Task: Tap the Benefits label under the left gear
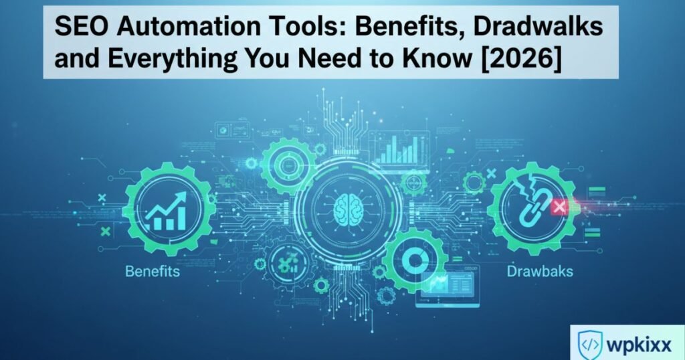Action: (x=152, y=272)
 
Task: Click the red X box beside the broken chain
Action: (x=557, y=207)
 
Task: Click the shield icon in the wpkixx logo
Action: (x=589, y=343)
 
